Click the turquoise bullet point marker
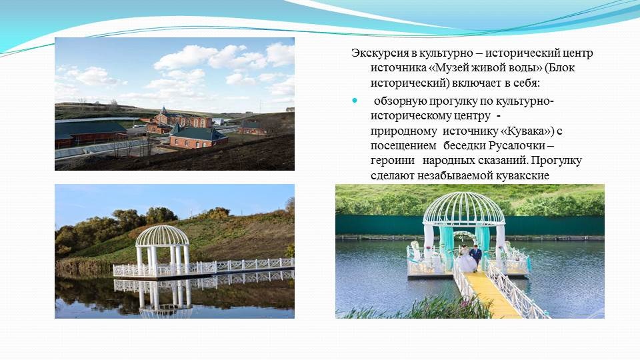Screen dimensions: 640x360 tap(354, 101)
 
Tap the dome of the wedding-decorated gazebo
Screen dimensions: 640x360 tap(464, 209)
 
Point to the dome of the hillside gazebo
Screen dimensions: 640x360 tap(162, 236)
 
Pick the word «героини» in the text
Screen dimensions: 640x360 tap(392, 161)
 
